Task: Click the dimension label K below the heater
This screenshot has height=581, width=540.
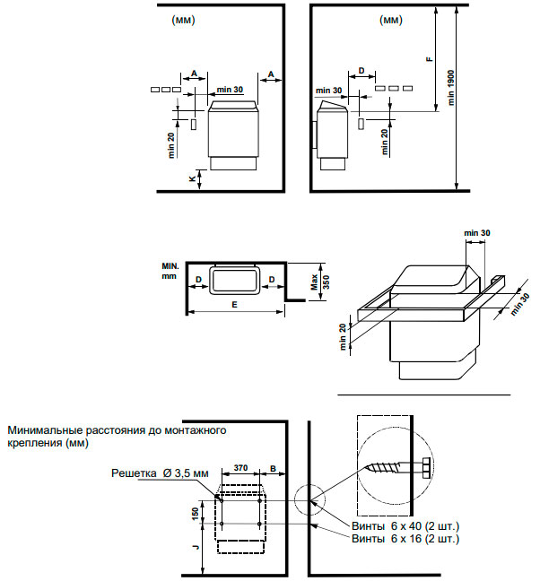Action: point(192,179)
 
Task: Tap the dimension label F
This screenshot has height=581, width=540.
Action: point(430,59)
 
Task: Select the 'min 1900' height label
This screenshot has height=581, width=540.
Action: point(450,88)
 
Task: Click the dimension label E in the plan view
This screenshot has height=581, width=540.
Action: point(234,305)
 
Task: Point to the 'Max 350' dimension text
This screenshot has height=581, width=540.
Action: point(320,282)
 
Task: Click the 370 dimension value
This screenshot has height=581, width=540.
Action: point(240,468)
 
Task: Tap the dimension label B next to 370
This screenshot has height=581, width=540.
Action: point(273,468)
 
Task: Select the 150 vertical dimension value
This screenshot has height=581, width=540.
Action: point(196,514)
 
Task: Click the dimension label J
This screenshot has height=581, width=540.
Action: point(196,547)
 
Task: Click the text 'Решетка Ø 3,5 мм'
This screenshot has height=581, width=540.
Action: point(160,473)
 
